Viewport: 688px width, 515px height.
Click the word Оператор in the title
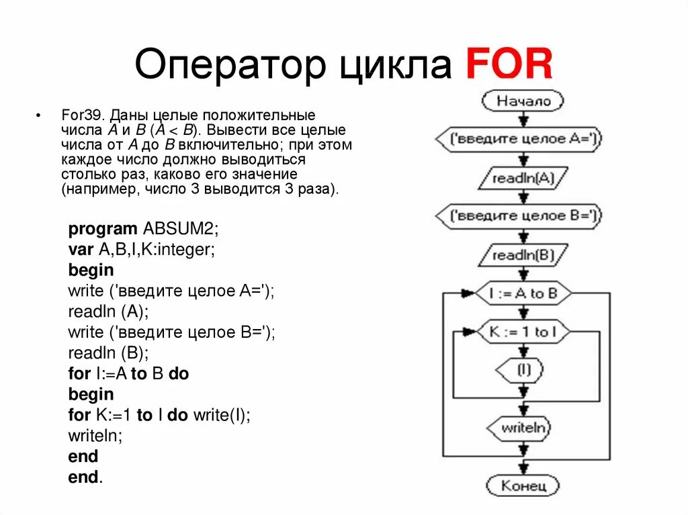225,65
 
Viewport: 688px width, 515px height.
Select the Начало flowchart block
523,101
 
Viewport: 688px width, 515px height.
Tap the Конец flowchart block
522,485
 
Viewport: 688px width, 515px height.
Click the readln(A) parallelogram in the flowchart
523,178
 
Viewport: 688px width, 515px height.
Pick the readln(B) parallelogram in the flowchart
523,255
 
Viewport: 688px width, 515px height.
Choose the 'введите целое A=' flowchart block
519,140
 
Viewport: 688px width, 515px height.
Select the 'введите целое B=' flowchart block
519,216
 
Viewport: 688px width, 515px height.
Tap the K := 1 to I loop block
522,332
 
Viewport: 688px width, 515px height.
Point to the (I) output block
522,368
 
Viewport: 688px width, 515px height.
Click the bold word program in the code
103,228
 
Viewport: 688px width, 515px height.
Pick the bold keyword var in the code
81,249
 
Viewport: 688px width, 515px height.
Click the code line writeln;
95,436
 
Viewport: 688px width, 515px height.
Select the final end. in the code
85,477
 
